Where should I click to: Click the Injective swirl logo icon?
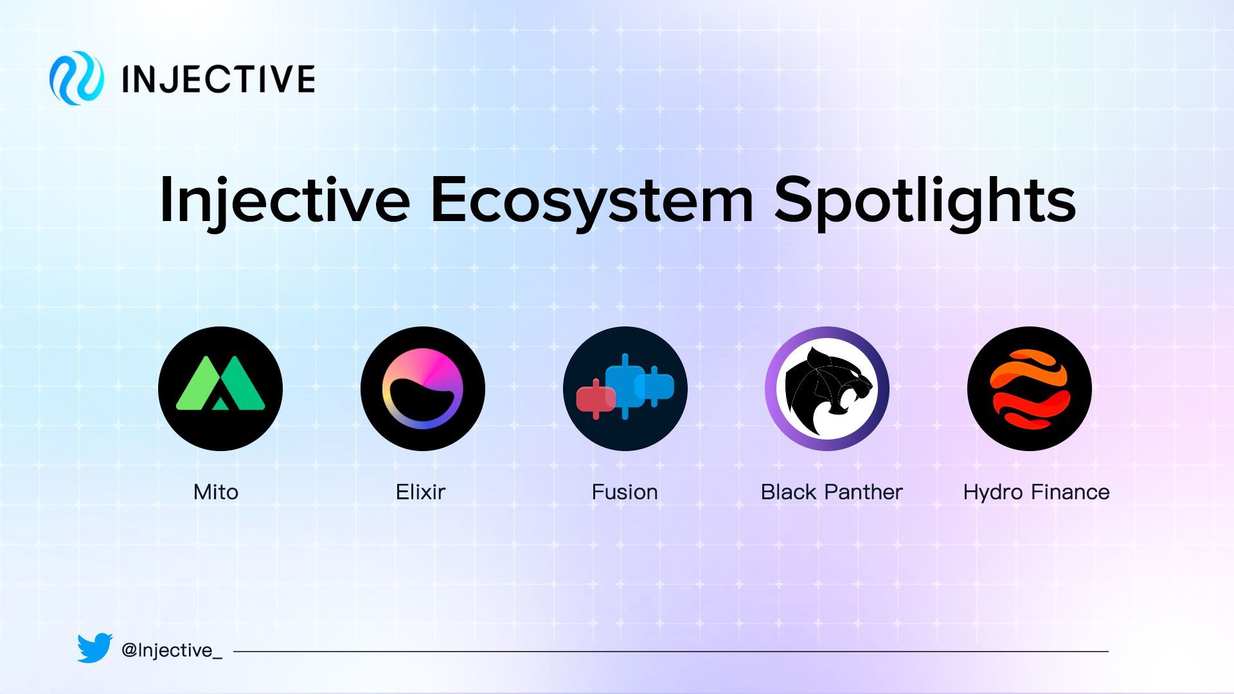coord(76,78)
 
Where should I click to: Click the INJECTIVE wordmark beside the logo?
coord(218,79)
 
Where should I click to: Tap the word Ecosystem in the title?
coord(591,200)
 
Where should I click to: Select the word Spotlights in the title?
coord(925,200)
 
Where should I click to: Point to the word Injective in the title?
coord(284,200)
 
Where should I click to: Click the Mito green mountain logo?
coord(220,389)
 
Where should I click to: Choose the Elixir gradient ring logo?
coord(423,389)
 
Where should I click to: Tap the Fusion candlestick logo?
coord(625,389)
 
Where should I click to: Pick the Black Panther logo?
coord(827,389)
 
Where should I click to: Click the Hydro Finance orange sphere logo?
coord(1030,389)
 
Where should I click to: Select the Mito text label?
coord(216,492)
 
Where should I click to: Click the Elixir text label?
coord(420,492)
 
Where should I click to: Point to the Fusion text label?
coord(625,492)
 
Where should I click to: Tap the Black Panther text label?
coord(832,492)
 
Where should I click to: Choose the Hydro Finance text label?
coord(1036,492)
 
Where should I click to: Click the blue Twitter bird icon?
coord(95,648)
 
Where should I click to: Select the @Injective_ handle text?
coord(172,650)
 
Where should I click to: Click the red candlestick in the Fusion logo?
coord(596,399)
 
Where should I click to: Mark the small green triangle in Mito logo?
coord(220,403)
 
